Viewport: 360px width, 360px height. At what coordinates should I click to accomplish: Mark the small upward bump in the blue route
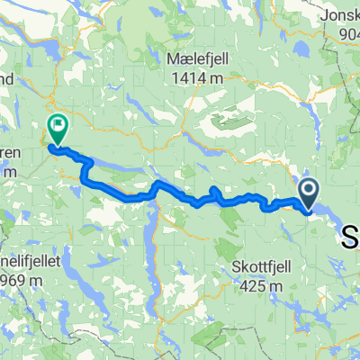[214, 192]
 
